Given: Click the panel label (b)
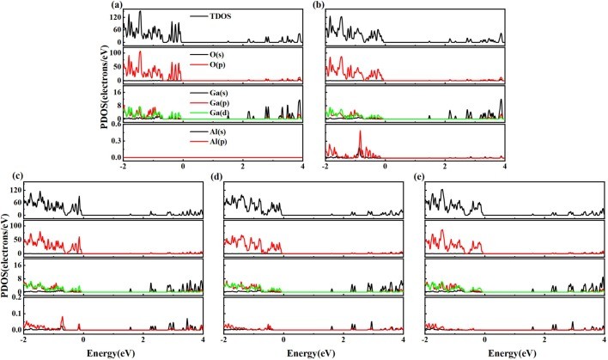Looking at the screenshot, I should click(x=320, y=5).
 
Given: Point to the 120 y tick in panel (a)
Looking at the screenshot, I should click(x=115, y=16).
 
